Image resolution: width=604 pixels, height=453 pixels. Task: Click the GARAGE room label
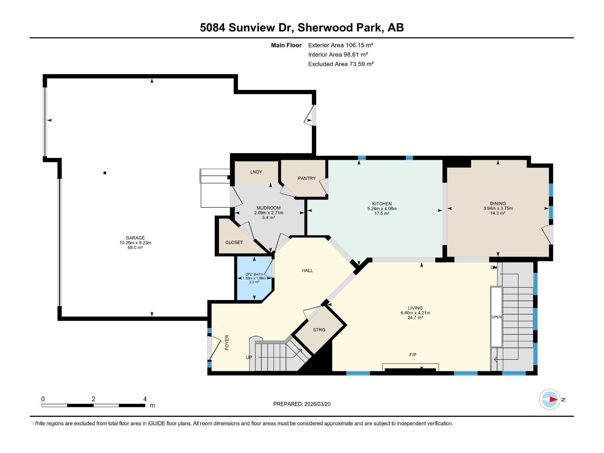click(x=135, y=238)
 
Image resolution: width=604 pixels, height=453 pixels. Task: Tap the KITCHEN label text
click(x=382, y=203)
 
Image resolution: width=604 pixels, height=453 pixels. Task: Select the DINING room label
click(x=498, y=203)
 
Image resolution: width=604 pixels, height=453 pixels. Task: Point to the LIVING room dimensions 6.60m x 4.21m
click(x=415, y=313)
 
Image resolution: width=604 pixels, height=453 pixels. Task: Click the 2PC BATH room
click(x=254, y=278)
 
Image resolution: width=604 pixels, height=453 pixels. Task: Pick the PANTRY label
click(x=307, y=178)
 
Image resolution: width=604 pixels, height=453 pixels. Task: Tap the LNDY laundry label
click(x=256, y=172)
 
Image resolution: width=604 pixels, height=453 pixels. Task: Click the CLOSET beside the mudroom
click(x=234, y=242)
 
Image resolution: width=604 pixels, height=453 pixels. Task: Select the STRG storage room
click(x=319, y=330)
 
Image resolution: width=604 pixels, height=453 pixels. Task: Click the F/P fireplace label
click(x=413, y=355)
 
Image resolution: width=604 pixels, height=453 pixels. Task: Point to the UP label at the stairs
click(x=249, y=357)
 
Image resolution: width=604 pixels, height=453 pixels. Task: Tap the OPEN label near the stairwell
click(x=496, y=317)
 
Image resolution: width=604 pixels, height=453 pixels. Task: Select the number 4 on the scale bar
click(x=145, y=399)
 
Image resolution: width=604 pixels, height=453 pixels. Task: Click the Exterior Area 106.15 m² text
click(x=341, y=45)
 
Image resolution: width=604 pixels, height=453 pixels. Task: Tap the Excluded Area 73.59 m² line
click(x=341, y=64)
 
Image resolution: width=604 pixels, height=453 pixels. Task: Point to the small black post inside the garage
click(x=105, y=173)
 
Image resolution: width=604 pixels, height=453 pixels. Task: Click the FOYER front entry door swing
click(x=214, y=348)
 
